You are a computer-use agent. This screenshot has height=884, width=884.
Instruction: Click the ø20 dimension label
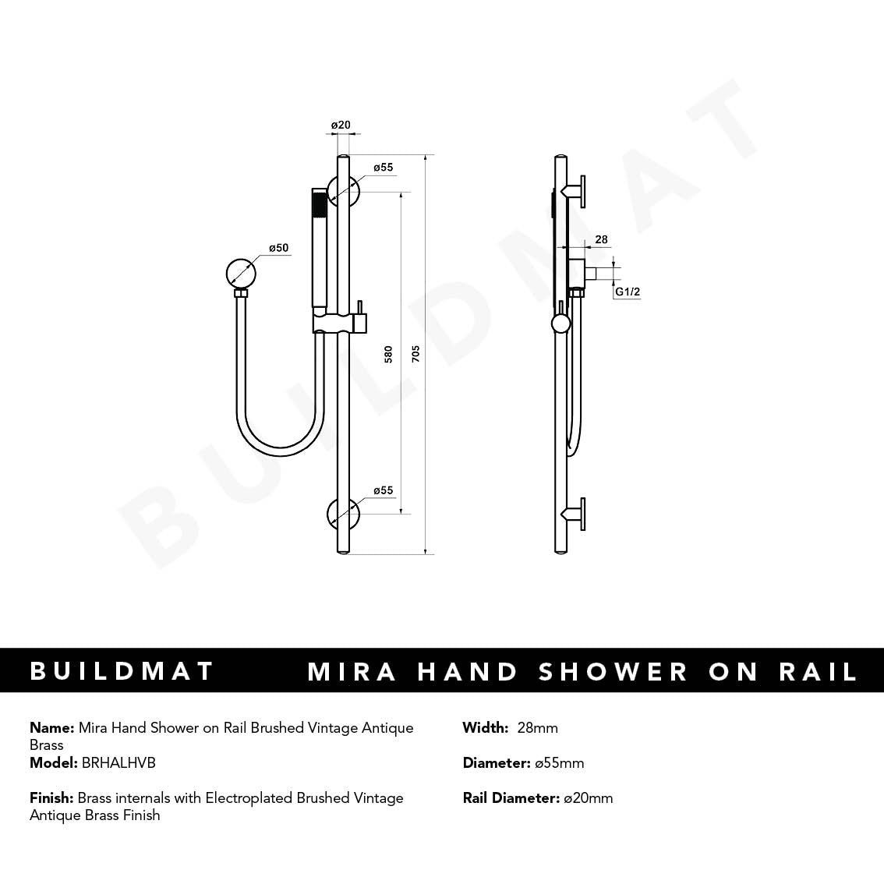coord(341,126)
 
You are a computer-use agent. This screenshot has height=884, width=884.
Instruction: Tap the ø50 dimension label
coord(278,247)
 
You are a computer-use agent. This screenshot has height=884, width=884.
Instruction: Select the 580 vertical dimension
coord(388,354)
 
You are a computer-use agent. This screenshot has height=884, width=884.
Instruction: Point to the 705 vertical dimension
coord(415,354)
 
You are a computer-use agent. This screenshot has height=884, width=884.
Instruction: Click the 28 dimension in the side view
coord(602,239)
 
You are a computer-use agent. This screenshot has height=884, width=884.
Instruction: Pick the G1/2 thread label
coord(628,292)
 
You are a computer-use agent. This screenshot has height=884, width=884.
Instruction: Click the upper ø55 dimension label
coord(383,168)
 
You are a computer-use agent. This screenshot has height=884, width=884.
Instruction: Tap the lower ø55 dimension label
coord(383,490)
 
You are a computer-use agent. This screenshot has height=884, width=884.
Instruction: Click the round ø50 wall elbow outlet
coord(241,274)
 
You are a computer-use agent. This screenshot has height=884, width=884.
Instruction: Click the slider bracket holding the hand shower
coord(339,324)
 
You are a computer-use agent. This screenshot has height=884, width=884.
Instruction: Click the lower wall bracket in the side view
coord(575,514)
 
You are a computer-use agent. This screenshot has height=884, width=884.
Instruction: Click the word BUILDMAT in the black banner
coord(122,671)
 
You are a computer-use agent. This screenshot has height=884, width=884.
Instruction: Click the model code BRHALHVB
coord(118,763)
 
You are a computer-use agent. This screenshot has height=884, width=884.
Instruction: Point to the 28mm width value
coord(538,728)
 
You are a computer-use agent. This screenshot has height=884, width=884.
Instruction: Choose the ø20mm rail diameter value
coord(588,797)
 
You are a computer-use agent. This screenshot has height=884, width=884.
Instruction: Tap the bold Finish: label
coord(51,797)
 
